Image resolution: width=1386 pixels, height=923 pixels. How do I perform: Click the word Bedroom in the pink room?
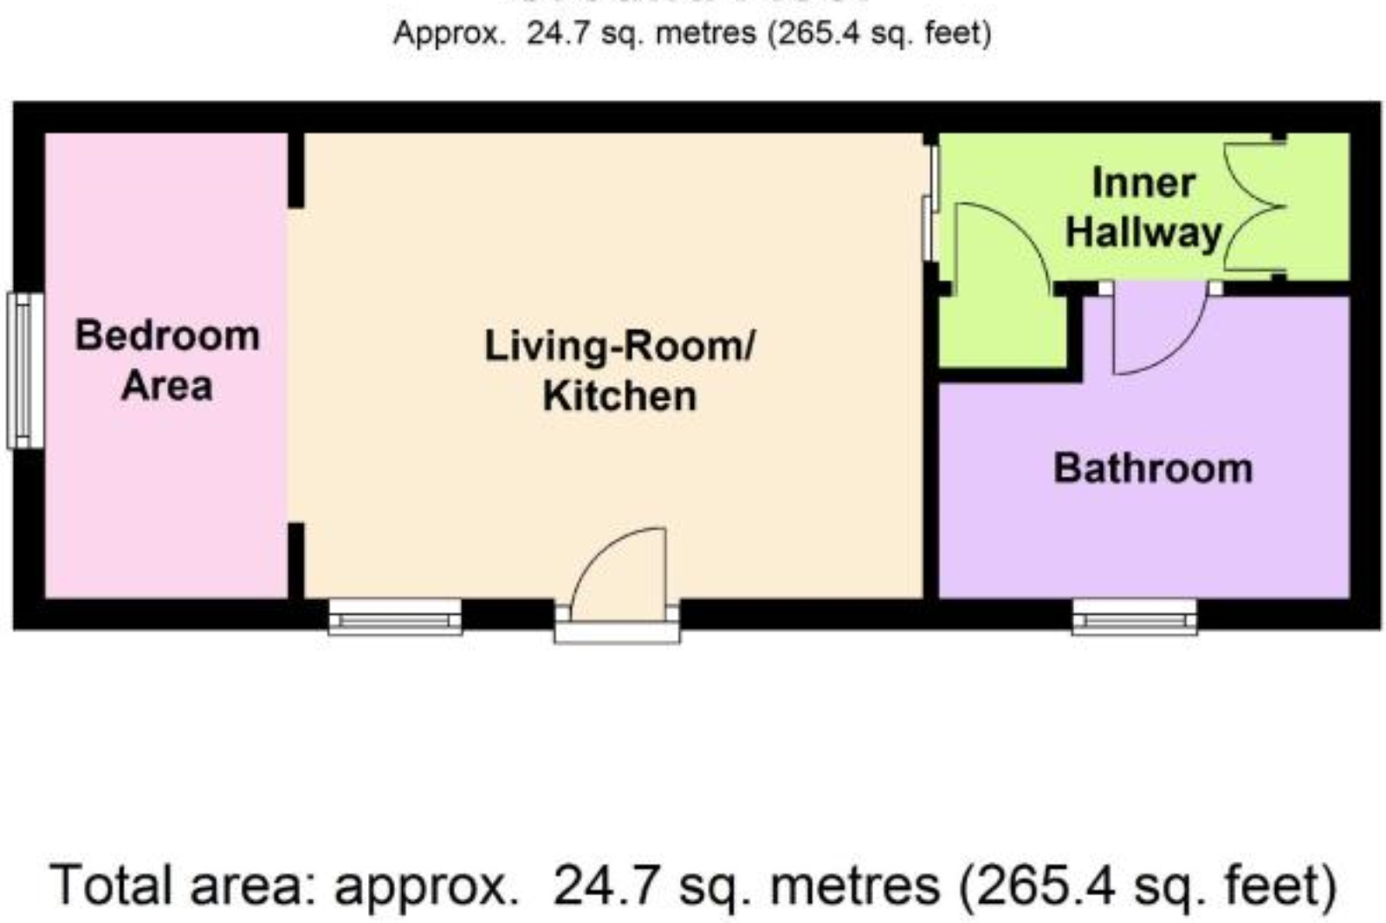pyautogui.click(x=167, y=336)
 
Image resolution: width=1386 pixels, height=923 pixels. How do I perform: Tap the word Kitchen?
pyautogui.click(x=619, y=397)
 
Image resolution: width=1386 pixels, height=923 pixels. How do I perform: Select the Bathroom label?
pyautogui.click(x=1153, y=468)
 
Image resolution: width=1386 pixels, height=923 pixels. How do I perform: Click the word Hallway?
pyautogui.click(x=1143, y=233)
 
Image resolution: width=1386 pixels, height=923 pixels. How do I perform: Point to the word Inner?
pyautogui.click(x=1143, y=184)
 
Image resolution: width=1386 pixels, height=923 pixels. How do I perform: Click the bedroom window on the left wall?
pyautogui.click(x=26, y=371)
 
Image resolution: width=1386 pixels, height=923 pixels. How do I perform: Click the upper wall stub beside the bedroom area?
pyautogui.click(x=296, y=170)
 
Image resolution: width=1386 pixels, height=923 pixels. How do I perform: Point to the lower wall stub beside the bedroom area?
pyautogui.click(x=296, y=560)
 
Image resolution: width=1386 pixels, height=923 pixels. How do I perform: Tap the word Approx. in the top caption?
pyautogui.click(x=448, y=34)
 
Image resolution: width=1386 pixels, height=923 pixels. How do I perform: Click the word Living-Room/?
pyautogui.click(x=619, y=346)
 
